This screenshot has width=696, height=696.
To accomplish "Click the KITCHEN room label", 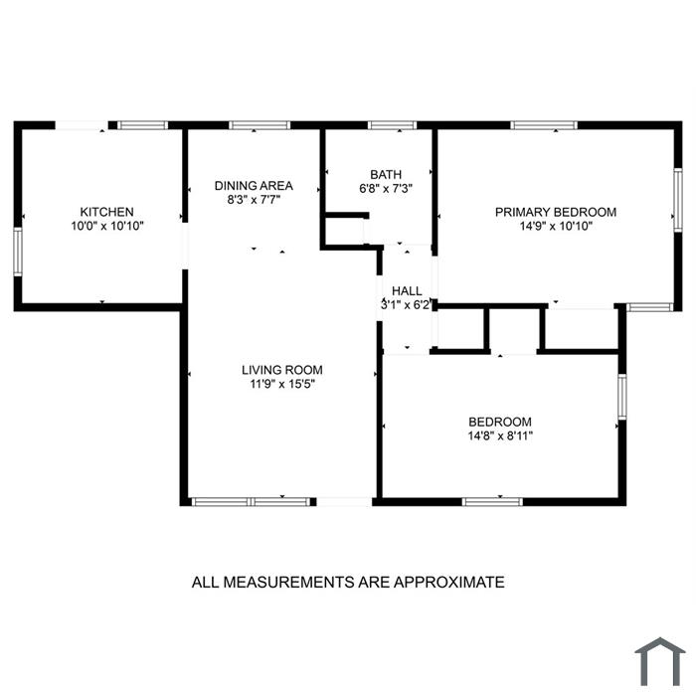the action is pos(106,212).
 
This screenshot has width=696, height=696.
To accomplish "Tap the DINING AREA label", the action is pos(254,186).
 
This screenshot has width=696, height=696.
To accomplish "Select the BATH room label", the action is pos(386,174).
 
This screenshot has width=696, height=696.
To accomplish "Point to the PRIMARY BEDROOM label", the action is pos(556,212).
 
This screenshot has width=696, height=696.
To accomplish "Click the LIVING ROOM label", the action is pos(282,370).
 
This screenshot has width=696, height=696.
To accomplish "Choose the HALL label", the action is pos(407,291).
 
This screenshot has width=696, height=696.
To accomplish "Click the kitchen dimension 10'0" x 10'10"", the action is pos(107,226).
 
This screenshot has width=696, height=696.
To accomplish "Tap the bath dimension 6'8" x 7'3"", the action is pos(386,189).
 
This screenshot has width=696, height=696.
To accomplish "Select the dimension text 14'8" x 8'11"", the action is pos(500,435).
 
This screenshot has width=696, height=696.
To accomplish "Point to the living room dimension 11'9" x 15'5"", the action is pos(282,384).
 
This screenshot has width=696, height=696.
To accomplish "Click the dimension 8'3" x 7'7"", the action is pos(254,200).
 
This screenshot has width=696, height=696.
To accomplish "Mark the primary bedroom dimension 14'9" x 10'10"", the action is pos(556,227).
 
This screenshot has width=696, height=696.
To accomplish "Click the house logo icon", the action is pos(660,661).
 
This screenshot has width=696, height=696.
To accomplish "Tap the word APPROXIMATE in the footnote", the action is pos(448,582).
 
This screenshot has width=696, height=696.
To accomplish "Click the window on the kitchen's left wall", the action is pos(18,252).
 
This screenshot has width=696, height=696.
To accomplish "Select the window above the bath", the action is pos(392,125).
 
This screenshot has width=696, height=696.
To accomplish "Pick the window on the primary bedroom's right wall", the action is pos(678,200).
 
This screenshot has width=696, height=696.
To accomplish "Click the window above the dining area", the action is pos(260,125).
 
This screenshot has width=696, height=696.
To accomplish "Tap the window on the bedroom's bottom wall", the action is pos(492,502).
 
